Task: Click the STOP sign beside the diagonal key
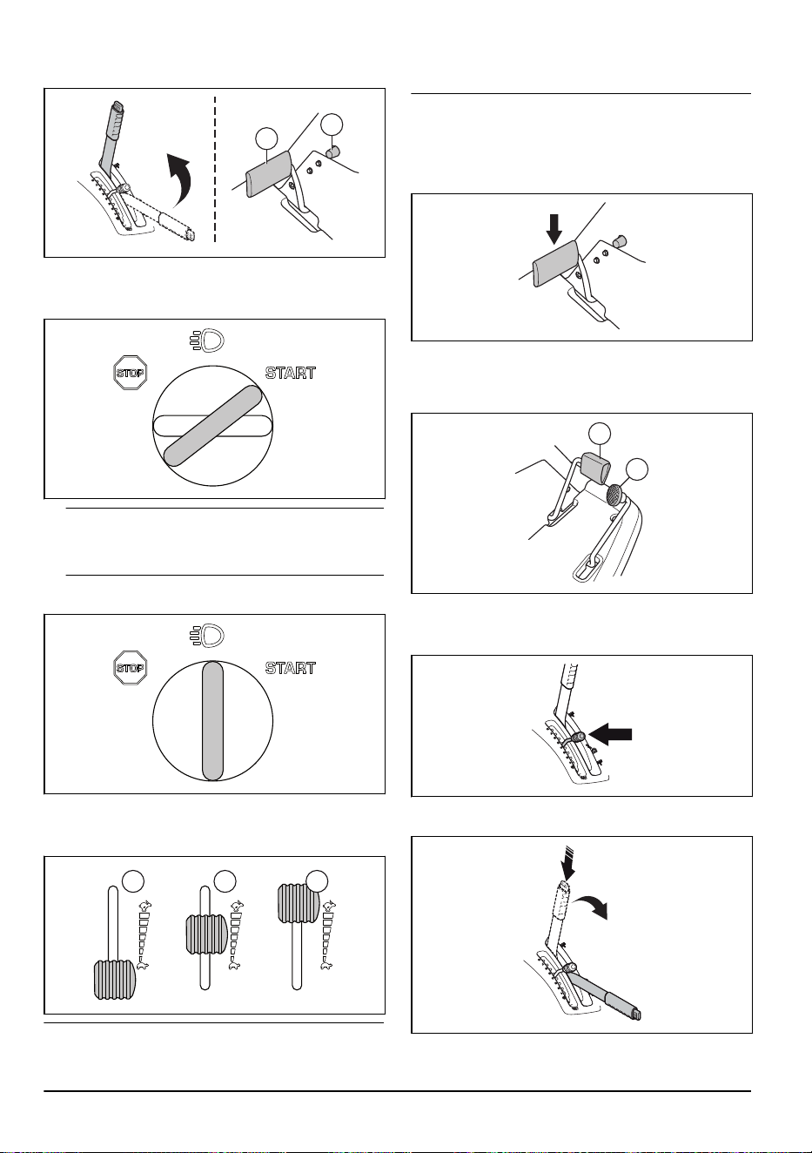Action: [131, 372]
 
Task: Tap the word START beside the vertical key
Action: [290, 668]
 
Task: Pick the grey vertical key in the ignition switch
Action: [212, 721]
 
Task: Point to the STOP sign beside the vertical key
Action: [131, 668]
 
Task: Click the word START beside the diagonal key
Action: [290, 373]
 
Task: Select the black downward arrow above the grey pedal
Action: [554, 229]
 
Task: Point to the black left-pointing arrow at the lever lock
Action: [610, 734]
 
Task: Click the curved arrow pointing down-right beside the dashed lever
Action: [593, 908]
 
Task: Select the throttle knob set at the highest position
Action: [299, 902]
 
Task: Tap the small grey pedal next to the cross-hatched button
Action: [596, 467]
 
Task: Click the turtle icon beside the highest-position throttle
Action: [326, 966]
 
